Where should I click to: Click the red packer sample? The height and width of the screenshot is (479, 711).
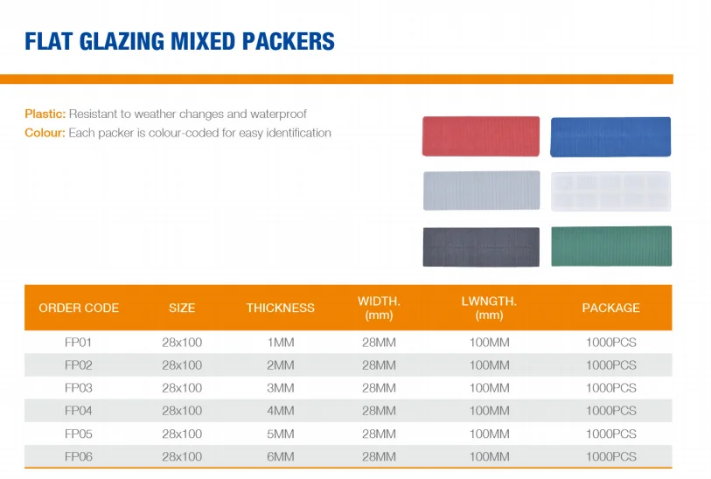pyautogui.click(x=480, y=136)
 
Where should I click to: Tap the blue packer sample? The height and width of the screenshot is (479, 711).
pyautogui.click(x=610, y=136)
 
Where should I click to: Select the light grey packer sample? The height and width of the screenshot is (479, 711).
pyautogui.click(x=480, y=191)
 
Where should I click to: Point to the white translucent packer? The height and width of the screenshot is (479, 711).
pyautogui.click(x=610, y=191)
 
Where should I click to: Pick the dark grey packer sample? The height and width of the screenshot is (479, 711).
pyautogui.click(x=480, y=246)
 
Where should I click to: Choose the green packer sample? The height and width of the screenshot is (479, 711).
pyautogui.click(x=610, y=246)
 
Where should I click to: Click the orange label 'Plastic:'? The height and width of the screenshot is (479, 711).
pyautogui.click(x=45, y=115)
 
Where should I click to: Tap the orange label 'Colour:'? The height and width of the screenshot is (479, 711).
pyautogui.click(x=45, y=134)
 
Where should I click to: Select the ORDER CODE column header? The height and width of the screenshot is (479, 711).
pyautogui.click(x=79, y=308)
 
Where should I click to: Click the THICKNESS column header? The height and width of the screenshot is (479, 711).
pyautogui.click(x=280, y=308)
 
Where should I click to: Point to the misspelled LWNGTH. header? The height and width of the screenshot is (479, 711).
pyautogui.click(x=489, y=302)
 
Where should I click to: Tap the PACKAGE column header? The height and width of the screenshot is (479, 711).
pyautogui.click(x=610, y=308)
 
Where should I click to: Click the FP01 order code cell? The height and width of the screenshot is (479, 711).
pyautogui.click(x=79, y=343)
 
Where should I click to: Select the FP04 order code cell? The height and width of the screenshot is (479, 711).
pyautogui.click(x=79, y=411)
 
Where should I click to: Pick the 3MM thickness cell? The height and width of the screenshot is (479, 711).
pyautogui.click(x=280, y=388)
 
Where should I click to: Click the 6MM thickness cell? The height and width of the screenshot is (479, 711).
pyautogui.click(x=280, y=456)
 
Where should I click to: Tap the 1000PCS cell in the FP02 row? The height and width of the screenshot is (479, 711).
pyautogui.click(x=610, y=365)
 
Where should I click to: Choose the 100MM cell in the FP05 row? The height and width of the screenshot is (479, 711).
pyautogui.click(x=489, y=434)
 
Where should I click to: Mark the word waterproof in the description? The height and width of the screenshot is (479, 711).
pyautogui.click(x=278, y=115)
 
